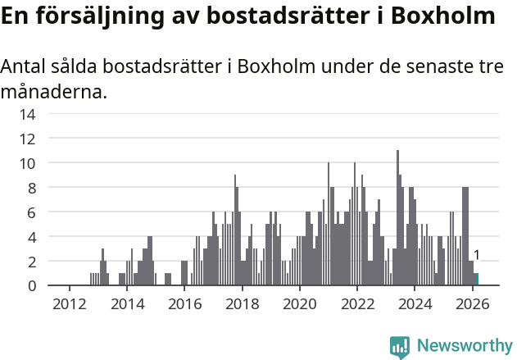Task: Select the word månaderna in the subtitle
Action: coord(53,92)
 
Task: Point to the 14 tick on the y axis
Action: coord(28,114)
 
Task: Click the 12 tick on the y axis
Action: coord(28,139)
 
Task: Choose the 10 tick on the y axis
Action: coord(28,163)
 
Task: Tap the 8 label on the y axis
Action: coord(32,188)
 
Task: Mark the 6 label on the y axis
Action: coord(32,212)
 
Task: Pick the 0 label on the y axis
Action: coord(32,286)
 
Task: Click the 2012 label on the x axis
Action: coord(69,303)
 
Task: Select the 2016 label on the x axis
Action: coord(184,303)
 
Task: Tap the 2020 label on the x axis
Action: coord(300,303)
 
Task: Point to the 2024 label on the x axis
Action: coord(415,303)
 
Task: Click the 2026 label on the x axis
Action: coord(473,303)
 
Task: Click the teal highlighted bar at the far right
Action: coord(477,280)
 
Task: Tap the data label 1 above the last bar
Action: coord(477,256)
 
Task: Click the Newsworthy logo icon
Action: coord(400,347)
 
